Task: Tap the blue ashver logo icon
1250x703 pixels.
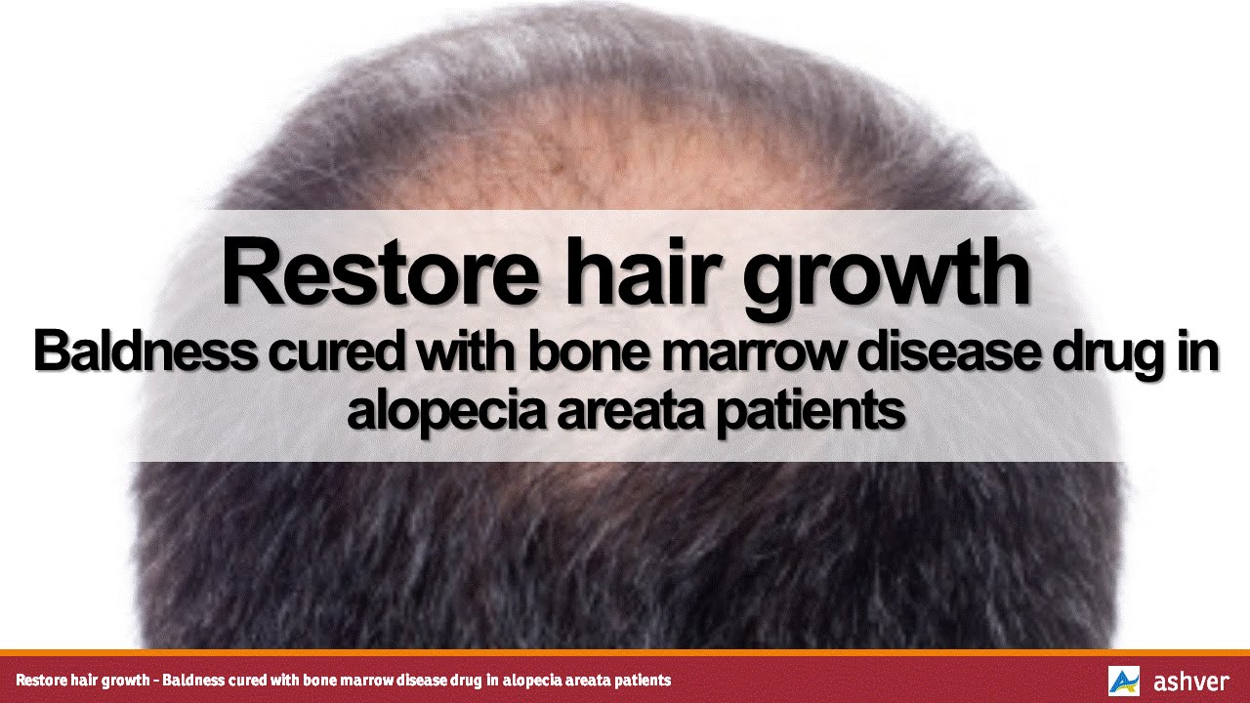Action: tap(1123, 681)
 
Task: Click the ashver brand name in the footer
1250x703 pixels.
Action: tap(1190, 681)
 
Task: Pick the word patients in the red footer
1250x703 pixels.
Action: tap(639, 680)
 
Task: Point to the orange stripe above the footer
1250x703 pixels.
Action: tap(625, 652)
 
